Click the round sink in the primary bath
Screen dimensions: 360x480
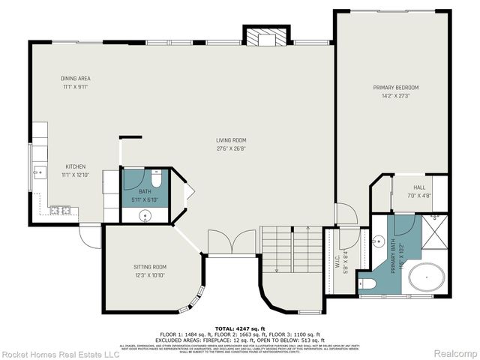click(378, 241)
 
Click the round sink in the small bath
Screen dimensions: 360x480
click(145, 216)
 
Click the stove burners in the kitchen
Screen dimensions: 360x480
click(59, 211)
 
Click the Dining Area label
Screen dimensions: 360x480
click(75, 78)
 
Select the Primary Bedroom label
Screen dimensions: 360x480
click(396, 88)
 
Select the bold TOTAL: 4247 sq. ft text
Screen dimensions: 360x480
click(240, 328)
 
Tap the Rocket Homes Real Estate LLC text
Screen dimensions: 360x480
click(61, 353)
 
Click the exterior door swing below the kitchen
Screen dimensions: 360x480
click(91, 235)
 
